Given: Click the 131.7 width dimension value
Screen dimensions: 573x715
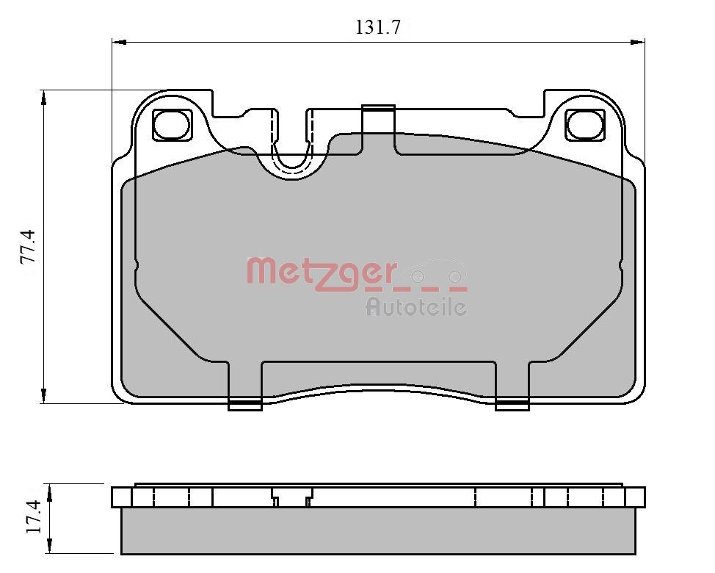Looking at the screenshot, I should coord(377,28).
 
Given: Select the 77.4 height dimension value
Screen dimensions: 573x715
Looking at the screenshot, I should coord(27,247).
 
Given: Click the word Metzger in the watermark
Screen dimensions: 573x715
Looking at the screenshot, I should coord(322,272).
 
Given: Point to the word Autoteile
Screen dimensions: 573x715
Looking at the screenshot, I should coord(416,307).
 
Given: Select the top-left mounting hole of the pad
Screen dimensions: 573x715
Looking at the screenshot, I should coord(172,125).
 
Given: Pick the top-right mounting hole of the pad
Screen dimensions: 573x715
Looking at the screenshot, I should coord(585,125).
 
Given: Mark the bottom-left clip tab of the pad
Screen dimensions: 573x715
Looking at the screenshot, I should coord(245,404).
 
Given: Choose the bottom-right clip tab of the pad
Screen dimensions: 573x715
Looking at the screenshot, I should coord(512,404).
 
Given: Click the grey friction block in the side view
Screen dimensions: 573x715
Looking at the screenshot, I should coord(378,531).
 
